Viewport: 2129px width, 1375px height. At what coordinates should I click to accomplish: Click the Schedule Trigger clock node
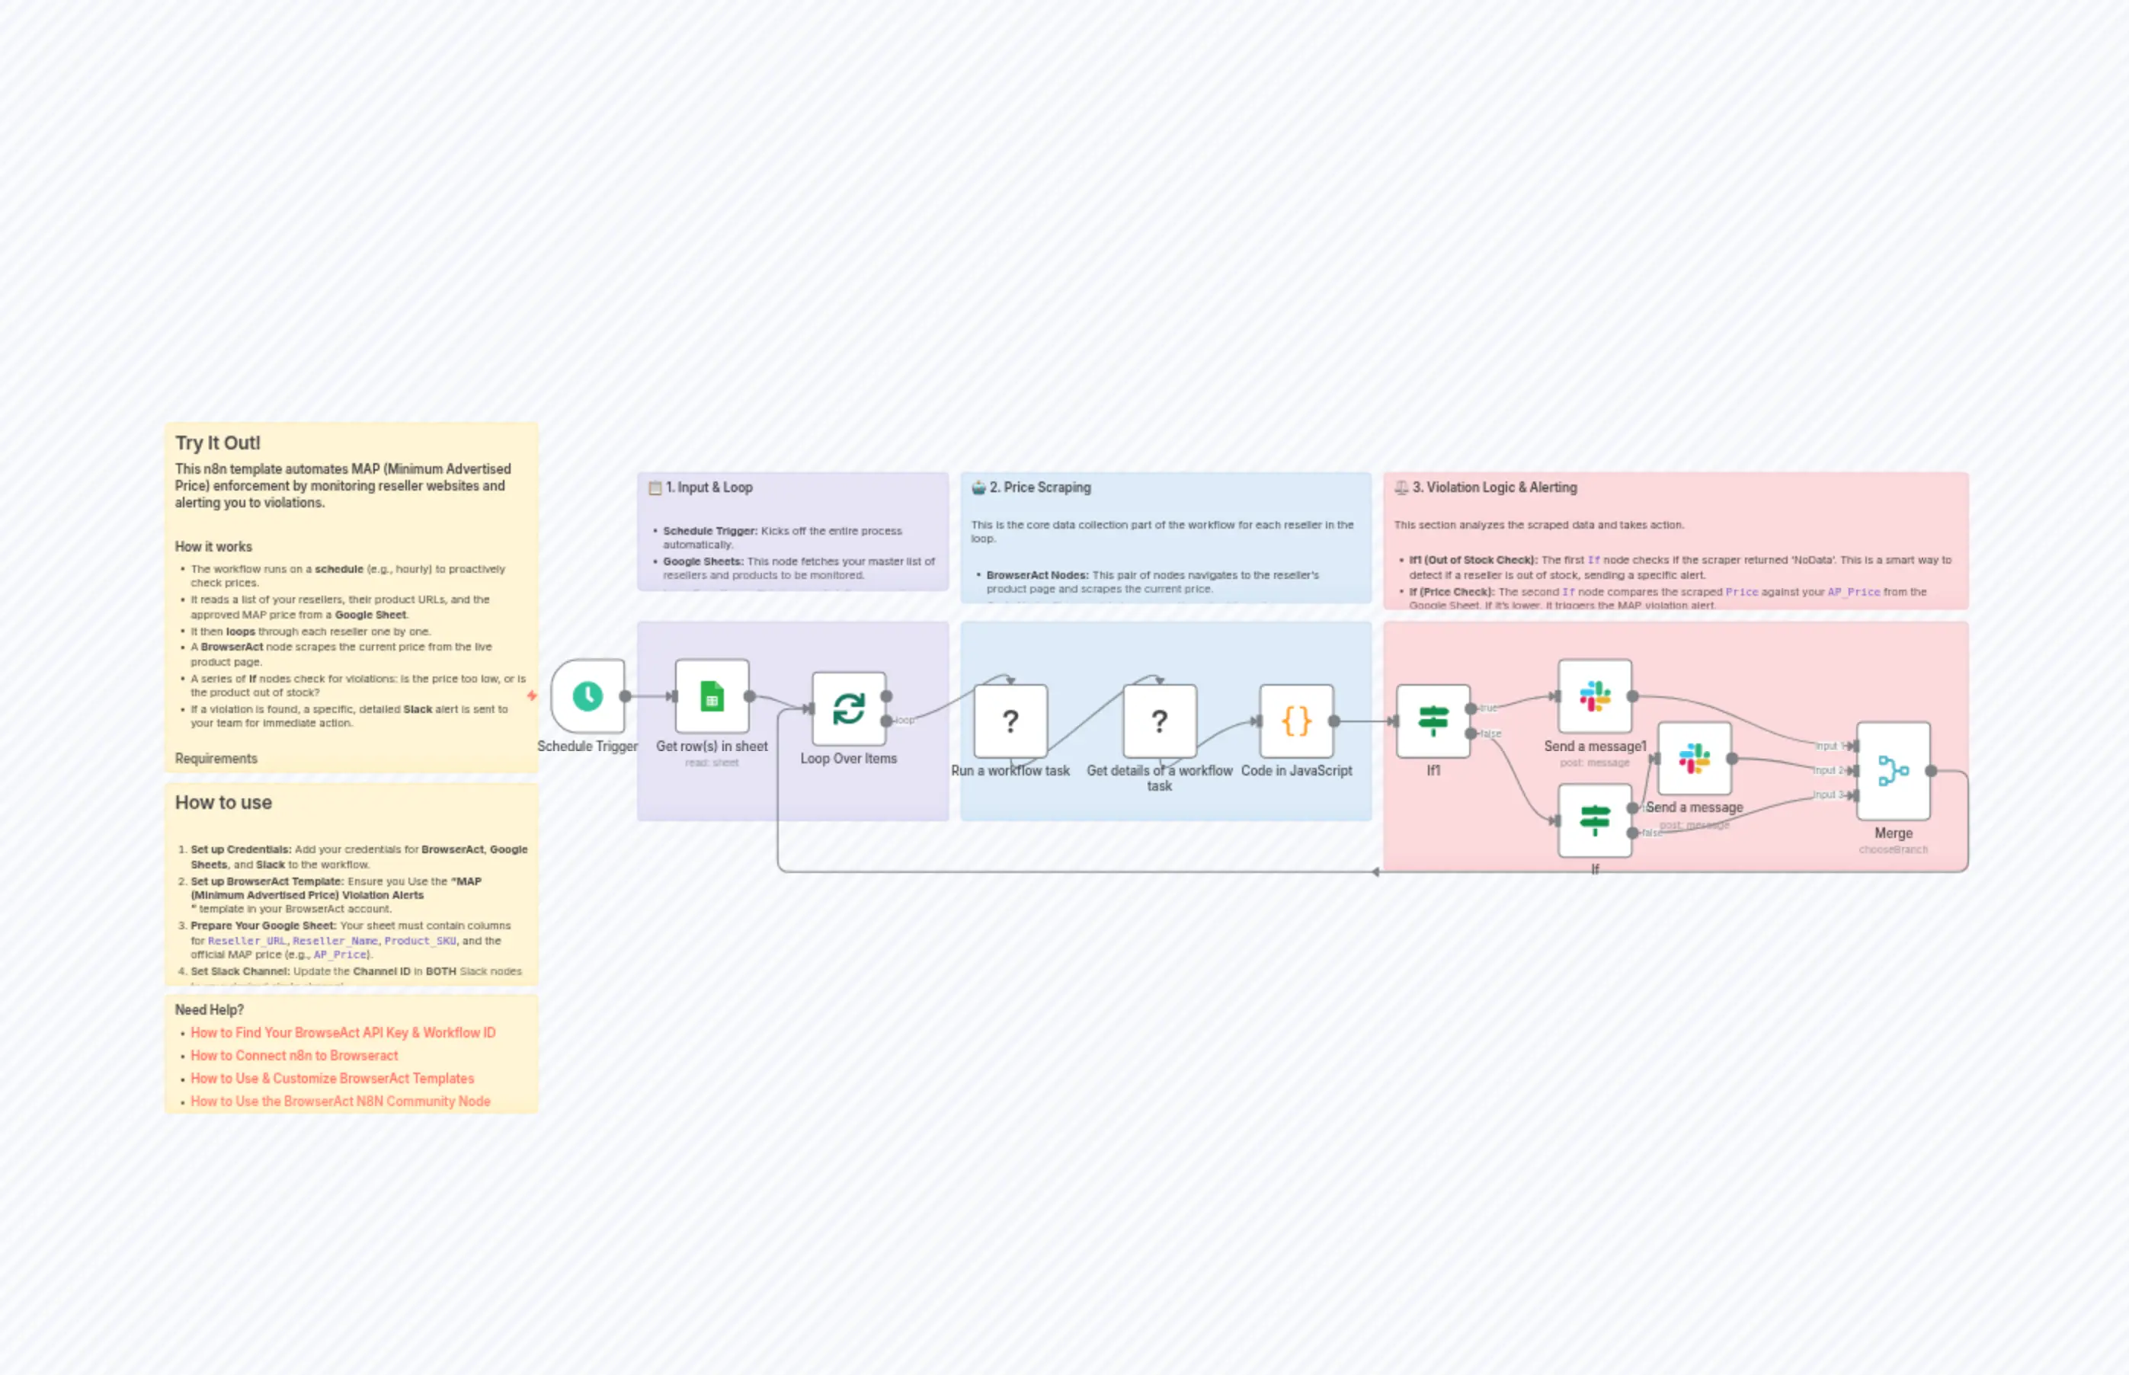587,696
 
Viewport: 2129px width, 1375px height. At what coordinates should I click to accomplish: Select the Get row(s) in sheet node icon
712,696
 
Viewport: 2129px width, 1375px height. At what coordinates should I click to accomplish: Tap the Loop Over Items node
848,709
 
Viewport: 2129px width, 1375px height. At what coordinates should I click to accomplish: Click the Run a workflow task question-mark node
1010,721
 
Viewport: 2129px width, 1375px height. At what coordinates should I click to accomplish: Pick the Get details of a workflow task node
1159,721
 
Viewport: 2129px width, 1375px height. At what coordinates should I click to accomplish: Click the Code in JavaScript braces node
1296,721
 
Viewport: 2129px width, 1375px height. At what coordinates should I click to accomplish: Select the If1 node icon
1433,721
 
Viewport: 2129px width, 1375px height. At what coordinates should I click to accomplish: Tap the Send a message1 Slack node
1594,696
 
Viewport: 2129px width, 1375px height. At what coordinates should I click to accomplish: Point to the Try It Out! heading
218,443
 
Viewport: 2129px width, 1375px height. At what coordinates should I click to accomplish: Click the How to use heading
223,803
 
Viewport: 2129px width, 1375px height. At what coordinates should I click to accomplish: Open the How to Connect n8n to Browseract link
294,1055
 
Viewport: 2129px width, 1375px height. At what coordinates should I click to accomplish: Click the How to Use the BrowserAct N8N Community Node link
341,1101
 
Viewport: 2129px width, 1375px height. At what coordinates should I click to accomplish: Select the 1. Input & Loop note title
709,488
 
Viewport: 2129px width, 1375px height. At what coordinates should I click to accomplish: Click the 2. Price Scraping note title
1039,488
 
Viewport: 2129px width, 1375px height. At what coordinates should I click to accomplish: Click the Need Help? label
209,1010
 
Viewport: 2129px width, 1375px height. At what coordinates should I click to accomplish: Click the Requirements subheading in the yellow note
216,758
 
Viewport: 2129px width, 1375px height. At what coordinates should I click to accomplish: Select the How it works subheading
213,546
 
